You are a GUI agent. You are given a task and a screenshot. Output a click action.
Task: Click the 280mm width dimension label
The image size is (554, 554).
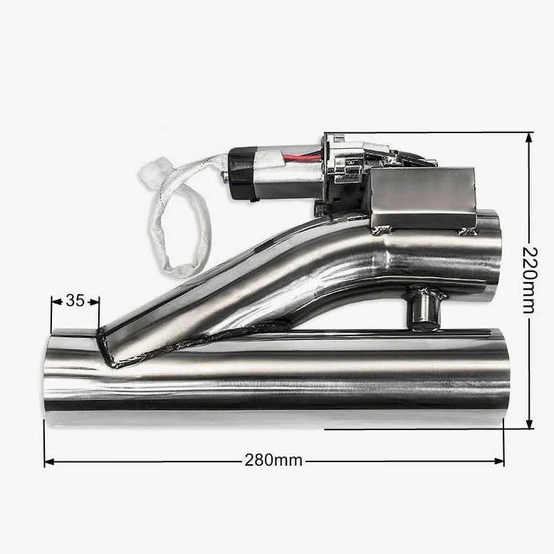pos(273,461)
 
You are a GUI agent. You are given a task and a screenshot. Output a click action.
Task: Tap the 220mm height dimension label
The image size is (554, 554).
pos(529,281)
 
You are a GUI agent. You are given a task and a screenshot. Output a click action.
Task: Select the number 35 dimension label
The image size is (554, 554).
pos(75,301)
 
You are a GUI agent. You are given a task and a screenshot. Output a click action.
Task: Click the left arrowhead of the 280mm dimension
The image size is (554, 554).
pos(48,461)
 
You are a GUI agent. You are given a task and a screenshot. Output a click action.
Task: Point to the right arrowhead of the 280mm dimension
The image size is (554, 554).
pos(499,461)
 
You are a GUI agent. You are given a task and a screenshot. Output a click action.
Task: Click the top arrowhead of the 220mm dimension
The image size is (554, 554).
pos(529,137)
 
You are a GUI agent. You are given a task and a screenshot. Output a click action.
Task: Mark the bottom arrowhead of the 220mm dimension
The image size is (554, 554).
pos(529,424)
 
